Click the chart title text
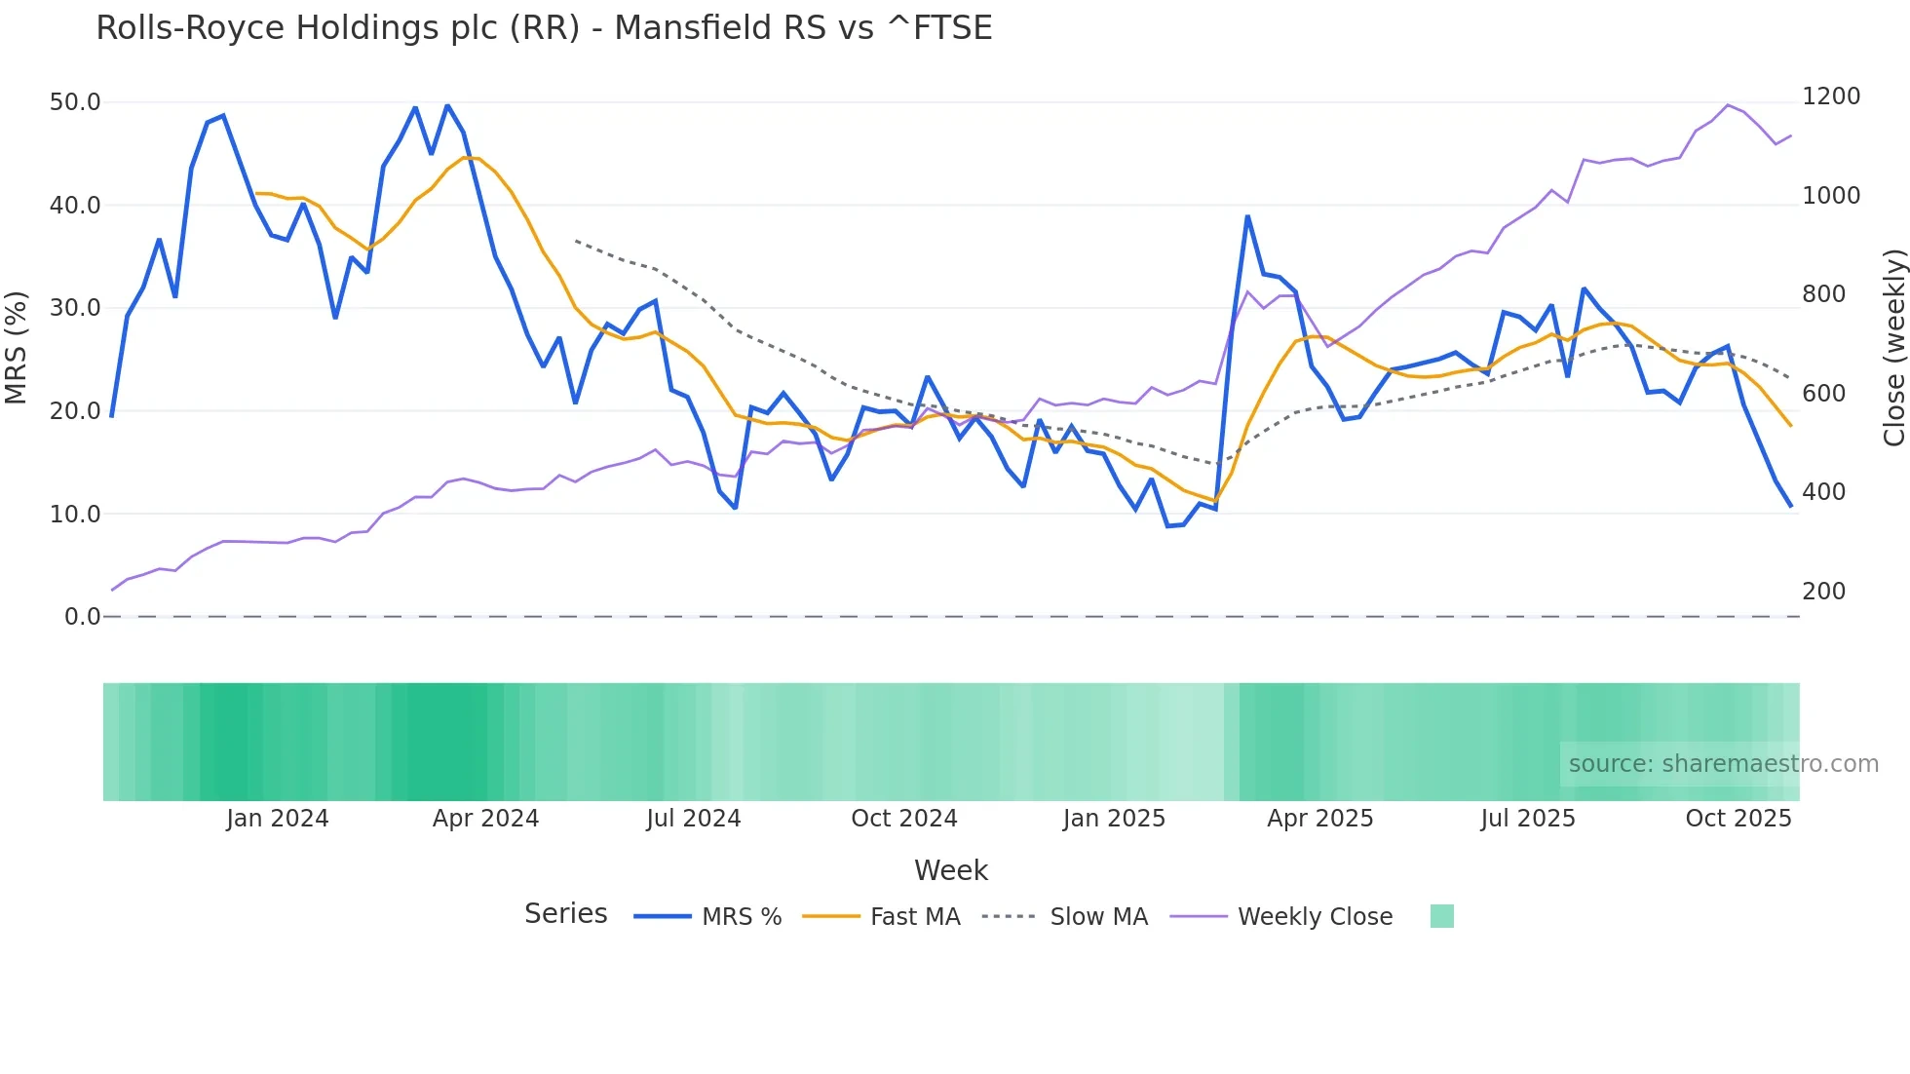coord(544,28)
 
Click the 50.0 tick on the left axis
coord(75,102)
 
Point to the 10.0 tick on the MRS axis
coord(75,514)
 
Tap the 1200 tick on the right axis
coord(1831,96)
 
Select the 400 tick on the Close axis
coord(1823,492)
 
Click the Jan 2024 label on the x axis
coord(278,819)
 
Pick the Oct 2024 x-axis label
coord(904,819)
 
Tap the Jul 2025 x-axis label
coord(1527,819)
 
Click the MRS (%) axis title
coord(17,347)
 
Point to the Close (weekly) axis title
coord(1893,347)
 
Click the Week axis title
coord(951,870)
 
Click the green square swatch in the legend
coord(1441,916)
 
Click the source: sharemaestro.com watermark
coord(1723,764)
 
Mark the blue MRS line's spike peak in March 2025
coord(1247,216)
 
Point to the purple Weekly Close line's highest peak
coord(1728,105)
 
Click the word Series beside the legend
coord(565,914)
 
